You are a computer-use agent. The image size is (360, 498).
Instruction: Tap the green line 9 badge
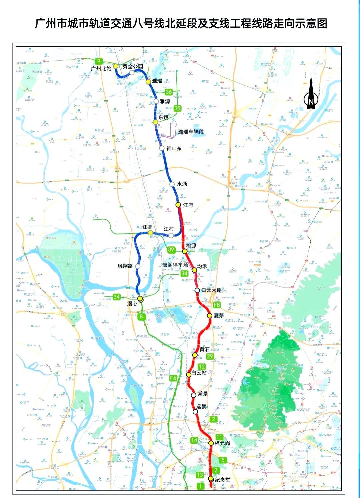[99, 61]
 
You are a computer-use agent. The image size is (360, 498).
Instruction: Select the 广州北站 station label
[101, 69]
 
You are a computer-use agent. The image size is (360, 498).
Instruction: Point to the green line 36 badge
[169, 92]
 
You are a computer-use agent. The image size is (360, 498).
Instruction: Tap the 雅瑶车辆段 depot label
[191, 132]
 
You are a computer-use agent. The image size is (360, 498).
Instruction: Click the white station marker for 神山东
[162, 149]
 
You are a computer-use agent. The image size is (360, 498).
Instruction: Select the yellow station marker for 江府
[178, 205]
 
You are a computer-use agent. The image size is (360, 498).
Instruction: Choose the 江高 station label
[147, 227]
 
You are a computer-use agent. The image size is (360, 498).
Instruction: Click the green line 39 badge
[171, 249]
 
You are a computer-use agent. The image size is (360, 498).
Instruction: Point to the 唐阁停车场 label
[175, 265]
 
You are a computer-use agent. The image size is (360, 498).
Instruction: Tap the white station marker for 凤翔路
[138, 266]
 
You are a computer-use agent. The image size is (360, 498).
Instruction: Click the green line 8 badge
[141, 316]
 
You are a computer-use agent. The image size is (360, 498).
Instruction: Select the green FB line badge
[217, 305]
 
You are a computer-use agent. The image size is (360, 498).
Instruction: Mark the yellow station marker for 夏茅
[209, 315]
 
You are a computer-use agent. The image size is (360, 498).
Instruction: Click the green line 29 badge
[210, 356]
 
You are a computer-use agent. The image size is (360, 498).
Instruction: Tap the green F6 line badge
[173, 378]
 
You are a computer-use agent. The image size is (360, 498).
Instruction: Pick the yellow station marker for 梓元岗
[211, 443]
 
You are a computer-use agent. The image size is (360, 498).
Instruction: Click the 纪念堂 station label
[222, 480]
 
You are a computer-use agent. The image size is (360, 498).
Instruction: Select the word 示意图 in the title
[310, 23]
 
